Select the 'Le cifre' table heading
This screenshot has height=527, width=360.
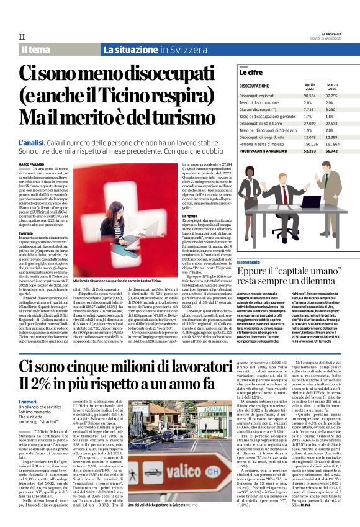[251, 73]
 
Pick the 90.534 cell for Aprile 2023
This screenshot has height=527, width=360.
[310, 96]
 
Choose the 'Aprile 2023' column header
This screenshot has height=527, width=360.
[310, 86]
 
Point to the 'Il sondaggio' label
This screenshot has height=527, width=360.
[249, 263]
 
